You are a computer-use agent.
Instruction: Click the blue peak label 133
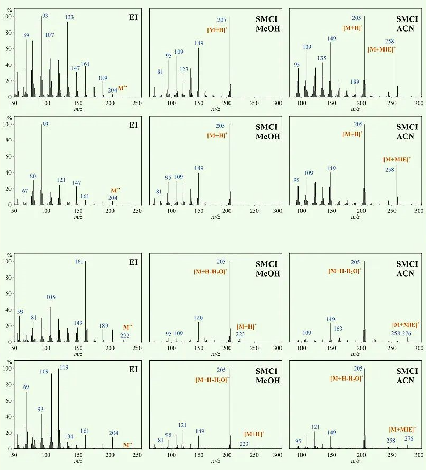coord(69,17)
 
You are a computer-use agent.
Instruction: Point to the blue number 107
coord(49,35)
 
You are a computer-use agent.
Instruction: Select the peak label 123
coord(184,69)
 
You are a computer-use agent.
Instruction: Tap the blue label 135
coord(322,58)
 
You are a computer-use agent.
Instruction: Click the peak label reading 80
coord(33,176)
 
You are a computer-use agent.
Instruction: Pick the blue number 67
coord(25,191)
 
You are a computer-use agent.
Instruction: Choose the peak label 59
coord(20,312)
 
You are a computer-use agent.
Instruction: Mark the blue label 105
coord(51,297)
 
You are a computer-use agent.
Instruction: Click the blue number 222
coord(125,335)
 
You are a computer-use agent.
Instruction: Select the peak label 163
coord(338,329)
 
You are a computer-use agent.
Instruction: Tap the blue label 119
coord(64,367)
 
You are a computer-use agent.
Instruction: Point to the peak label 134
coord(69,436)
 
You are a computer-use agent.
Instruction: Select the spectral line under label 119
coord(58,410)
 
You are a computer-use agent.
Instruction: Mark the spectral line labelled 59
coord(20,329)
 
